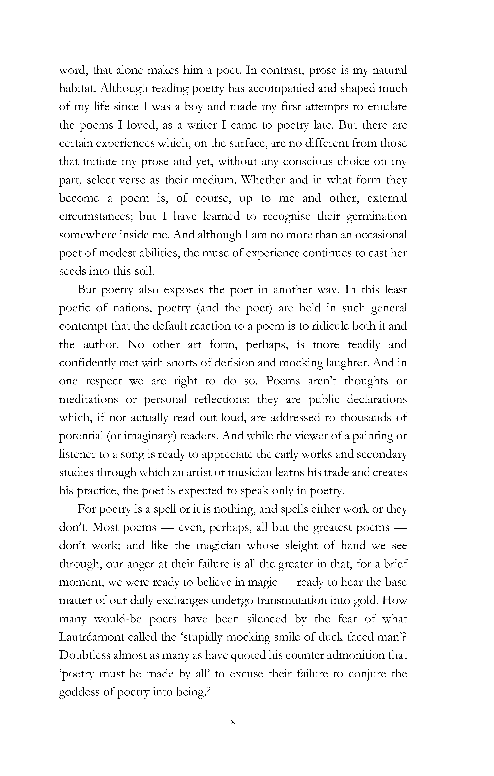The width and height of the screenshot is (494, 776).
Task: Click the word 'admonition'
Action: point(349,655)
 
